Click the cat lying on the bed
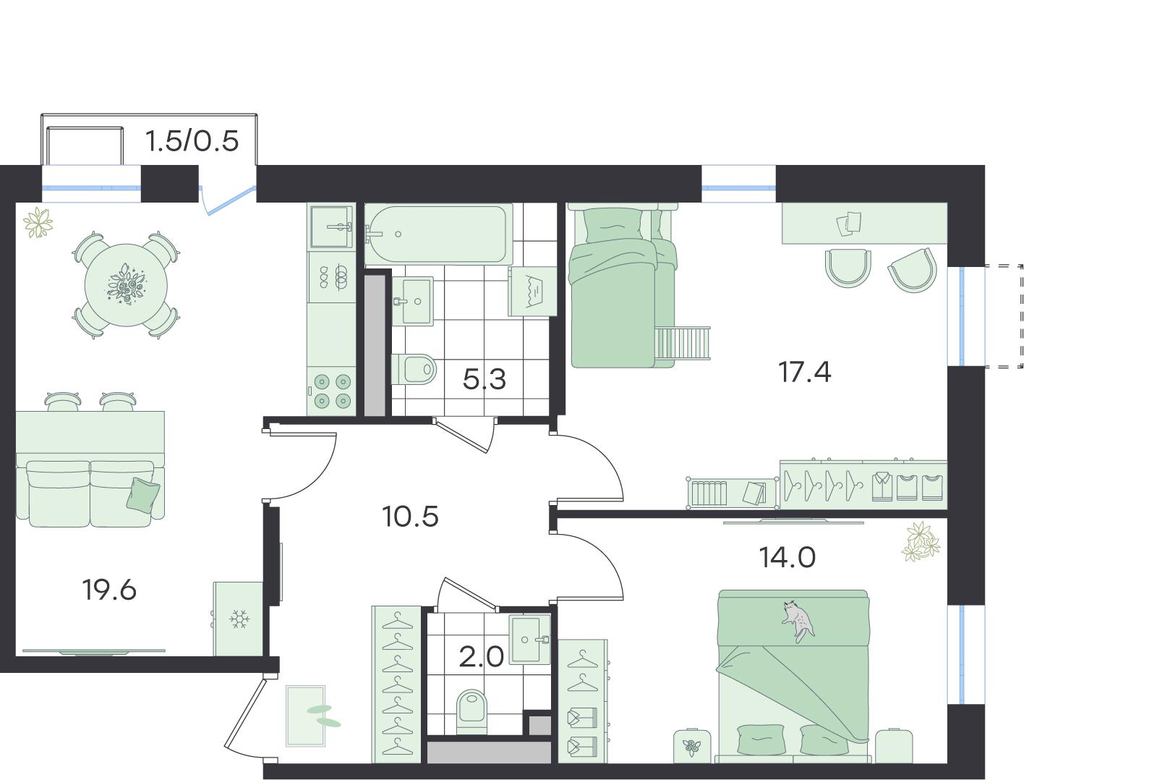coord(798,620)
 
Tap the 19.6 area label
coord(109,590)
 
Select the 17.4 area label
coord(805,372)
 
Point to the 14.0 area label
coord(787,558)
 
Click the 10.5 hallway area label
coord(411,517)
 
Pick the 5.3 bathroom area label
coord(484,379)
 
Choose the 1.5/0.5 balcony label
coord(192,141)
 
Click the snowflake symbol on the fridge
coord(239,619)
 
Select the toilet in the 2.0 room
coord(472,712)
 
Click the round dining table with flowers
coord(126,285)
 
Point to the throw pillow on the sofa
coord(143,494)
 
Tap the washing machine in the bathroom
coord(532,292)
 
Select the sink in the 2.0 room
coord(530,640)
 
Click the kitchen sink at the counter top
coord(331,226)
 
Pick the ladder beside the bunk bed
coord(683,343)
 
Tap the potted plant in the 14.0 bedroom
coord(921,542)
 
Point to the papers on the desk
coord(849,224)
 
